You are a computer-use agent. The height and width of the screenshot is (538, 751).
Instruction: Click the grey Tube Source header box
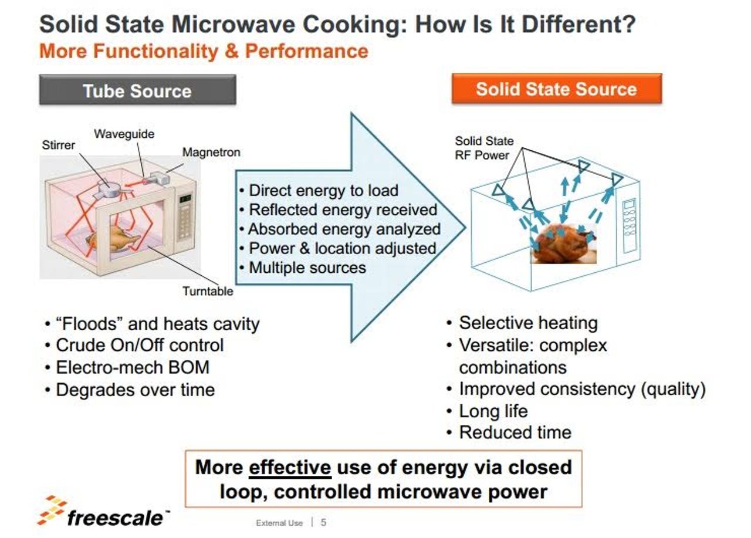pyautogui.click(x=137, y=90)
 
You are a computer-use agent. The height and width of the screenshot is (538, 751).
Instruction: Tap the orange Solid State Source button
pyautogui.click(x=557, y=89)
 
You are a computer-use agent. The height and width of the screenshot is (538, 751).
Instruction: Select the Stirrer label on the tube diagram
pyautogui.click(x=58, y=145)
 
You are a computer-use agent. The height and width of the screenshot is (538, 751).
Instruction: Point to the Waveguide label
pyautogui.click(x=124, y=134)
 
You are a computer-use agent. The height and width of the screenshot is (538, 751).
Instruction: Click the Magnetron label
pyautogui.click(x=211, y=152)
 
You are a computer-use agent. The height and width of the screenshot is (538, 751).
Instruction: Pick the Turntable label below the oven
pyautogui.click(x=208, y=291)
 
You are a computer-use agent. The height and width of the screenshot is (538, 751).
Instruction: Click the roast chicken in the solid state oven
pyautogui.click(x=563, y=243)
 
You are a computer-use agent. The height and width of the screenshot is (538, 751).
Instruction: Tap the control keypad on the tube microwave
pyautogui.click(x=185, y=217)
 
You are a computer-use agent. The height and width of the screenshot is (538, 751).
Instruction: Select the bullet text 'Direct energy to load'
pyautogui.click(x=323, y=191)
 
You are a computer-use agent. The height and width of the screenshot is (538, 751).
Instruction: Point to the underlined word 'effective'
pyautogui.click(x=290, y=467)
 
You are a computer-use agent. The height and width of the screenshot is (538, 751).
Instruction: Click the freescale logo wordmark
pyautogui.click(x=115, y=517)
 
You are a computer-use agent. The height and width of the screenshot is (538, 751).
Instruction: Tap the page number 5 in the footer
pyautogui.click(x=323, y=522)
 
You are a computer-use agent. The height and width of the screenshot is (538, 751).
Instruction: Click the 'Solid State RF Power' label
pyautogui.click(x=484, y=148)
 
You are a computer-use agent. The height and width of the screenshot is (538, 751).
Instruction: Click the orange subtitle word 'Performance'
pyautogui.click(x=306, y=51)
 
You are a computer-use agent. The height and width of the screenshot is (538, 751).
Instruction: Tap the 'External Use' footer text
pyautogui.click(x=279, y=523)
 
